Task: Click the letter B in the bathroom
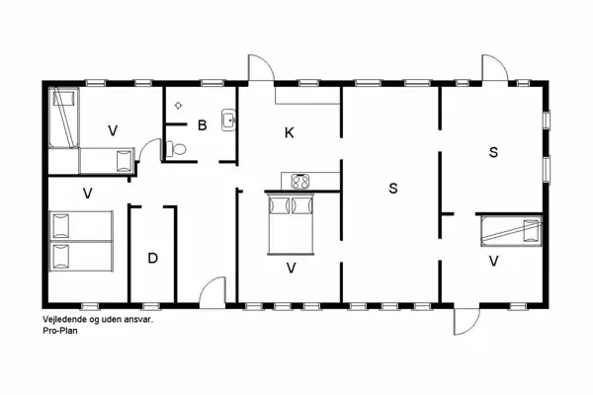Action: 202,125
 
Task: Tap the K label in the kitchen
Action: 290,132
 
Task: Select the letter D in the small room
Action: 152,259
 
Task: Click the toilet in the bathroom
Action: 176,149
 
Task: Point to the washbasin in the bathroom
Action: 228,120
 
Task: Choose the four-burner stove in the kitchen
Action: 299,181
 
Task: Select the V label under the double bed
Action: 291,268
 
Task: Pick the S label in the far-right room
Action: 492,152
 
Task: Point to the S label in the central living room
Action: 392,188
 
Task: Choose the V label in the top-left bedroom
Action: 113,129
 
